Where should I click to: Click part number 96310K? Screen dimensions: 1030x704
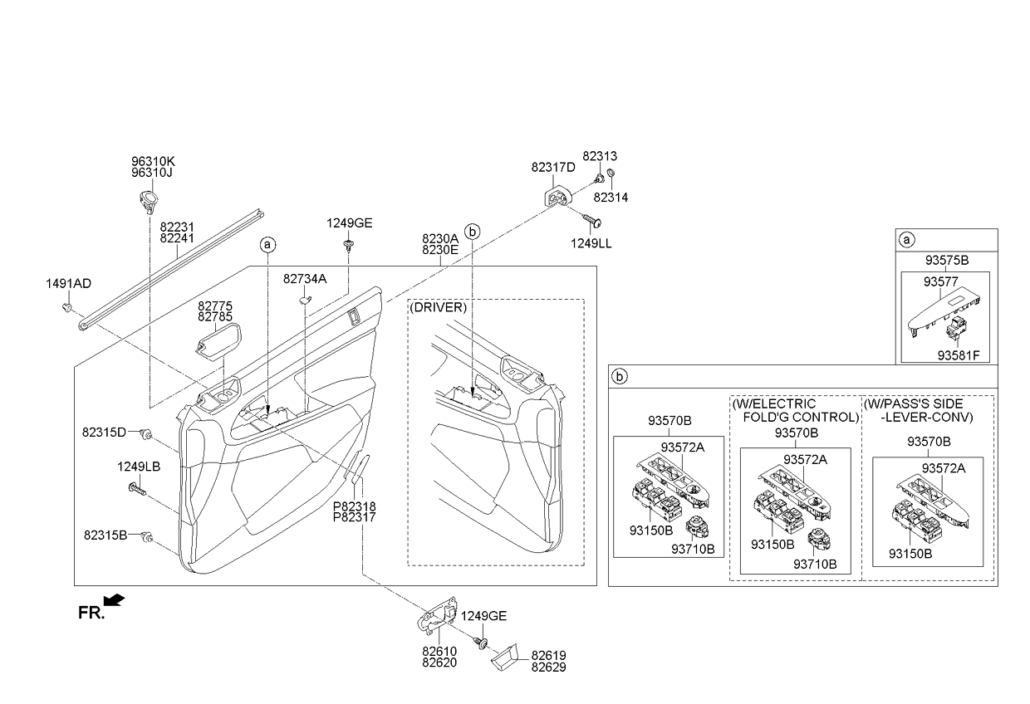point(153,161)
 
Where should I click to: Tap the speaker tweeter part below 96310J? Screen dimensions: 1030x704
point(148,201)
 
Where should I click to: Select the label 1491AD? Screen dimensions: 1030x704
point(68,284)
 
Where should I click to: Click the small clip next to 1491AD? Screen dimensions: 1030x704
point(67,307)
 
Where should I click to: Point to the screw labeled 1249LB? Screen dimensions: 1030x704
point(138,490)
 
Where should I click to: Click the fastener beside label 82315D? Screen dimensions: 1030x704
point(146,433)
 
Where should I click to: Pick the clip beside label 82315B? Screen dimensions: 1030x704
point(147,536)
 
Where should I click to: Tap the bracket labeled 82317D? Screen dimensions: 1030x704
point(557,196)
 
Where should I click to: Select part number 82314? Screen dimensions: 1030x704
point(611,197)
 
